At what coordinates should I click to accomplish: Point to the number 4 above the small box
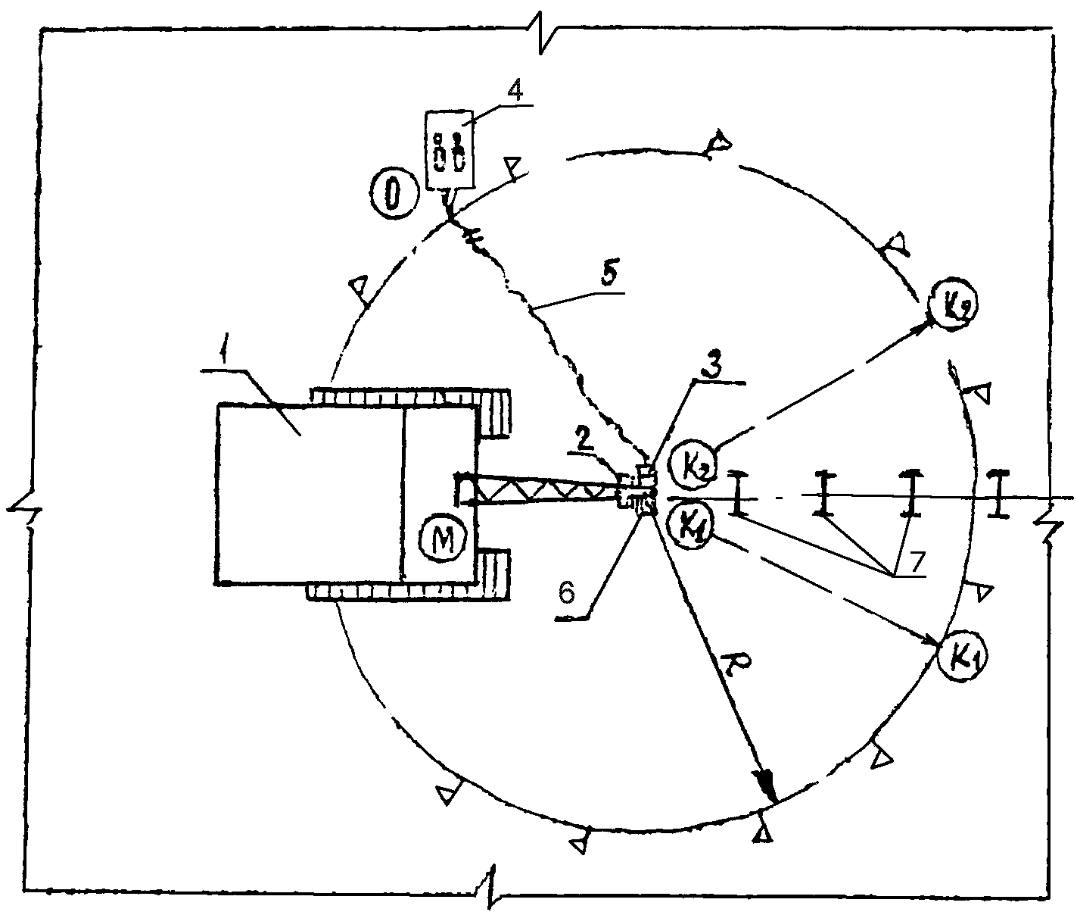(x=515, y=91)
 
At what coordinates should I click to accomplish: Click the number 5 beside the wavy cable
(x=608, y=276)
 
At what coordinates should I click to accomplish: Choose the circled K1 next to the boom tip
(x=689, y=523)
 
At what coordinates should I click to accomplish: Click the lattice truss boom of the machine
(x=537, y=491)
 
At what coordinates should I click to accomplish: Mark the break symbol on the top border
(x=546, y=33)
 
